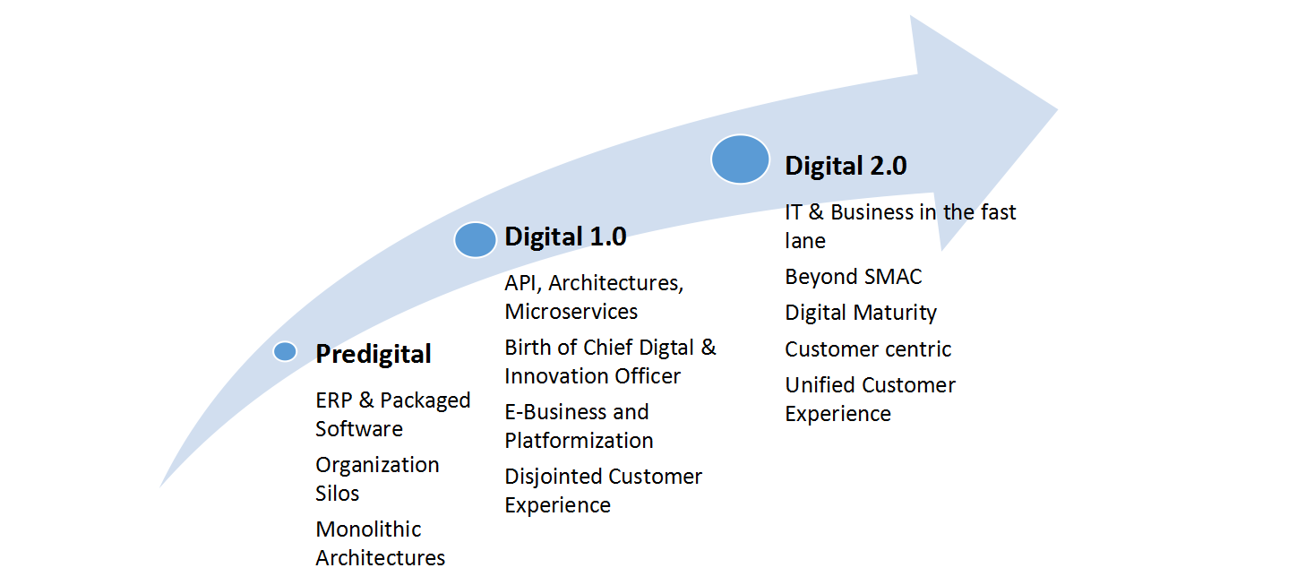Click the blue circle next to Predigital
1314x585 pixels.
coord(285,351)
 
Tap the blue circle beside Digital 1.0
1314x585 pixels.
coord(475,239)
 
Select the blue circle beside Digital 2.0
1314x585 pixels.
coord(740,159)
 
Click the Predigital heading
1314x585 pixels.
coord(374,355)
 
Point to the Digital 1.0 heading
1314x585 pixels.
coord(565,237)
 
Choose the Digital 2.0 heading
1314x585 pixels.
coord(846,166)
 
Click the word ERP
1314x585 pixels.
coord(334,400)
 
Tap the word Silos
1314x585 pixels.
coord(338,494)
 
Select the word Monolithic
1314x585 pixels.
coord(368,529)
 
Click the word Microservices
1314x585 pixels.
coord(571,312)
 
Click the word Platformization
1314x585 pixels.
coord(579,441)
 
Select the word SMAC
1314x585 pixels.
coord(893,277)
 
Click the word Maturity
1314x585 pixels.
coord(896,314)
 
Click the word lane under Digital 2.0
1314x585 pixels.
coord(805,241)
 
